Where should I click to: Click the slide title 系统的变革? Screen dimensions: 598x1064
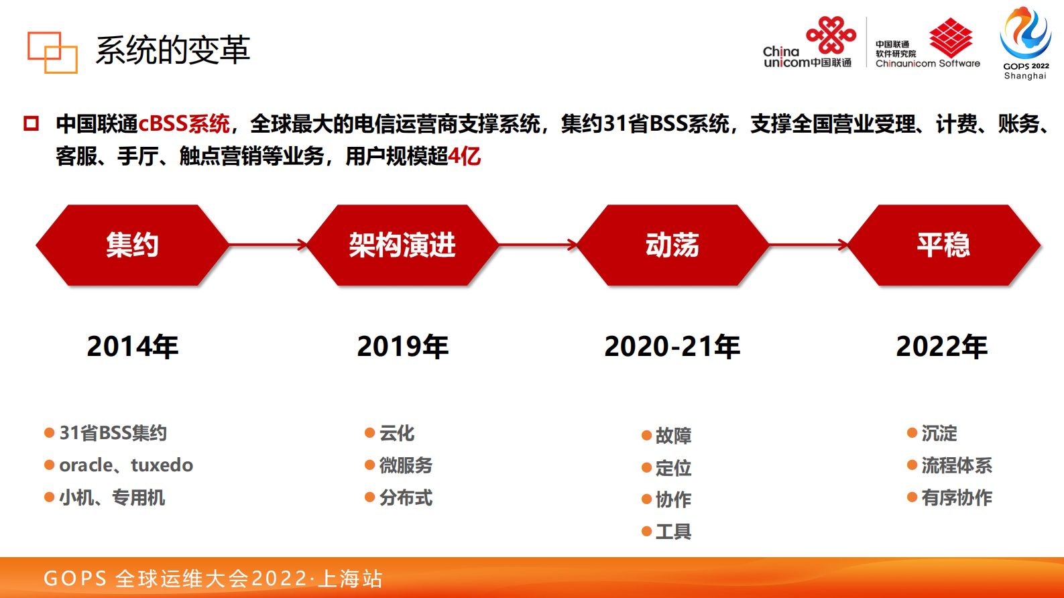[172, 50]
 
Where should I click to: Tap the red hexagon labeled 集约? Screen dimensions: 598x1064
[132, 245]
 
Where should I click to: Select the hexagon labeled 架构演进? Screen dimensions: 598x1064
[402, 245]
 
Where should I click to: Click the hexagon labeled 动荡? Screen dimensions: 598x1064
[672, 245]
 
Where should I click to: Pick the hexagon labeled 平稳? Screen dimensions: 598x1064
[943, 245]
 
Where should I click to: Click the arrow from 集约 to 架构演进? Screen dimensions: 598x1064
[268, 245]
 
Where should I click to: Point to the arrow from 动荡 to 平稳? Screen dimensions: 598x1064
[809, 245]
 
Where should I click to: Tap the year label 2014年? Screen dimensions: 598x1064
[133, 347]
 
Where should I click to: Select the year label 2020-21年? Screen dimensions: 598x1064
[672, 347]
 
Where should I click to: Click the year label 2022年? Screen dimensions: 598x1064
[942, 347]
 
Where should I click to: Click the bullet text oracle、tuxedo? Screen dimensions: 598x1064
[126, 465]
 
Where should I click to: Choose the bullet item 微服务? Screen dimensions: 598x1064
[406, 465]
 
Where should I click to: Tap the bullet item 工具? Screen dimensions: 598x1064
[673, 532]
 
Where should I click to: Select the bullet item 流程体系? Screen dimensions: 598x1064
[956, 465]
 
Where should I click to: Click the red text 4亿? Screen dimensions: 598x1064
[465, 156]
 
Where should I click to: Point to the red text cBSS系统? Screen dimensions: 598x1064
[184, 124]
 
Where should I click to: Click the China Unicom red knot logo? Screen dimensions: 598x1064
[831, 35]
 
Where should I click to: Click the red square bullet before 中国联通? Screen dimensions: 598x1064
[31, 123]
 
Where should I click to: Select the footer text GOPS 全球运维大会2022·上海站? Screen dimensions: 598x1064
[213, 578]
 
